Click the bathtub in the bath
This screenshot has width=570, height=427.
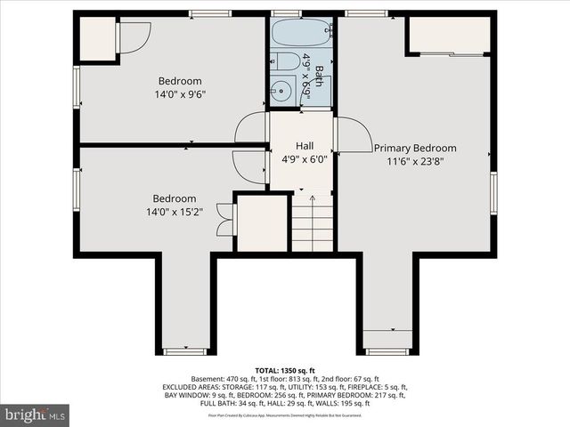301,33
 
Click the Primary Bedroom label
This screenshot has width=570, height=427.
415,149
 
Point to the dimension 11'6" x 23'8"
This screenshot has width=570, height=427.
415,162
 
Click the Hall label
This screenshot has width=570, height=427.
305,146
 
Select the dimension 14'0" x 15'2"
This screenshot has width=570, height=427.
174,212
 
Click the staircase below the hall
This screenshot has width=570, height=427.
312,224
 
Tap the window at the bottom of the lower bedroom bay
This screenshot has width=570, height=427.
185,351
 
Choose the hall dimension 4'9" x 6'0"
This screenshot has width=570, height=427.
305,160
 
